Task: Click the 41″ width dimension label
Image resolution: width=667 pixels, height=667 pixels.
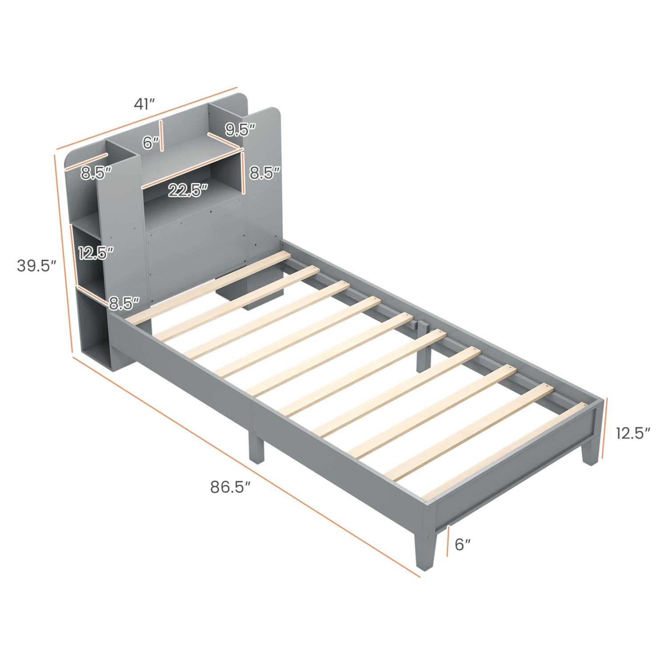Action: click(144, 104)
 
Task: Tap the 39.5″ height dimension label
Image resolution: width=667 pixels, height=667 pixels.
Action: click(36, 265)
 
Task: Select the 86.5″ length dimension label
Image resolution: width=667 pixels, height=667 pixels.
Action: click(230, 487)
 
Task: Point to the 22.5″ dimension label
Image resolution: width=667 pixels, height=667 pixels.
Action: click(188, 190)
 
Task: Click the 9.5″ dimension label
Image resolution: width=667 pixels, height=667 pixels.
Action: click(240, 129)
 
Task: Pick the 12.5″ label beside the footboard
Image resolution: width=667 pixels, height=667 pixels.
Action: click(633, 433)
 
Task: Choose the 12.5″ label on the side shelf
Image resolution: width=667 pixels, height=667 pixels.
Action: click(96, 253)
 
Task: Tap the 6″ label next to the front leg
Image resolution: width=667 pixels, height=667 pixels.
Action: click(462, 544)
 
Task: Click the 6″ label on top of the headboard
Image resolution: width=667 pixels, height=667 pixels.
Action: click(150, 143)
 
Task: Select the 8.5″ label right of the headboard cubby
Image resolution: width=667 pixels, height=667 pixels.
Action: click(265, 173)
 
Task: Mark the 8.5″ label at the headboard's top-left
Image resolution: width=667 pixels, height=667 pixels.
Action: click(96, 173)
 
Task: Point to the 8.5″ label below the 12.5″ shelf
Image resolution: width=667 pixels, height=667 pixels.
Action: click(124, 303)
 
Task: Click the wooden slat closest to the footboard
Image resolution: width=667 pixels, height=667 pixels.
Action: click(502, 449)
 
